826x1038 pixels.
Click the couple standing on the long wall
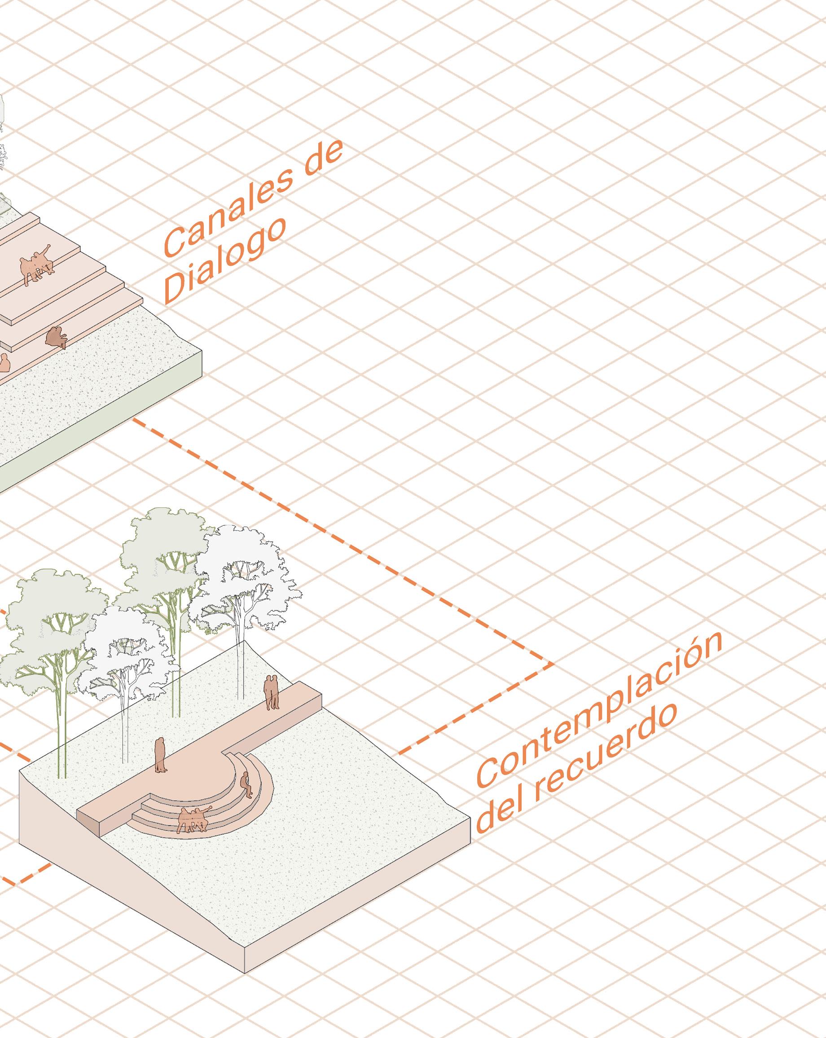coord(272,692)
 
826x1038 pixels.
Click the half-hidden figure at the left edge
coord(4,362)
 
